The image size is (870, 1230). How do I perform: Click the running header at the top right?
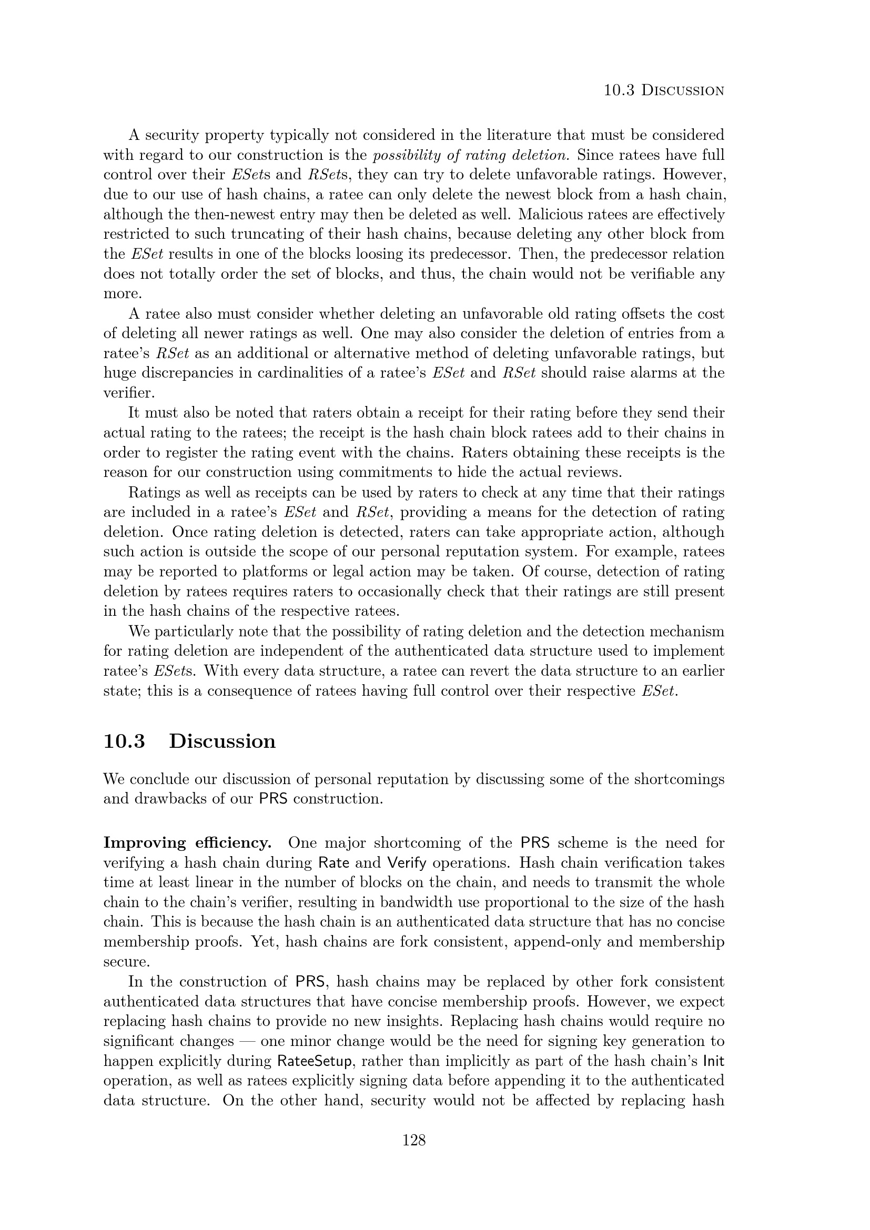coord(664,90)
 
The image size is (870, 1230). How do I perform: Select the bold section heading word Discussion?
coord(222,741)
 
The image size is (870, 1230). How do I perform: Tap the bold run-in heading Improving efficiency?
coord(187,842)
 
